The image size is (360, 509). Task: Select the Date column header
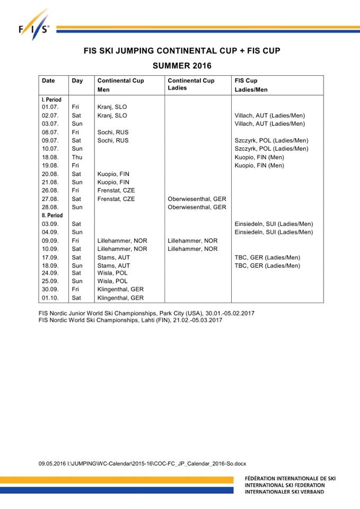click(x=48, y=81)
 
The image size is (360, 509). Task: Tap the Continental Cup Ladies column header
click(x=191, y=84)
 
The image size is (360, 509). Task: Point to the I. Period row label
click(x=51, y=99)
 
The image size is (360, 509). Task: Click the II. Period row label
click(x=52, y=215)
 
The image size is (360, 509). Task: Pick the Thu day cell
click(x=77, y=157)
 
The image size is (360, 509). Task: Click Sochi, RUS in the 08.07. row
click(x=113, y=132)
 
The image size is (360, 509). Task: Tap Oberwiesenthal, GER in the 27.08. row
click(x=197, y=199)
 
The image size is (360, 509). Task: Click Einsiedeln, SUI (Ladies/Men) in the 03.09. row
click(x=274, y=224)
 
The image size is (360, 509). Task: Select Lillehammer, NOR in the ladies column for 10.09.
click(x=192, y=249)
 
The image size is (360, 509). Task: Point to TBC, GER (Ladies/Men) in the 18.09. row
click(x=267, y=266)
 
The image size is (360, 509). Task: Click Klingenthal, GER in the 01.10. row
click(x=120, y=298)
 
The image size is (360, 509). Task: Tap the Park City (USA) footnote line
click(x=147, y=313)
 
